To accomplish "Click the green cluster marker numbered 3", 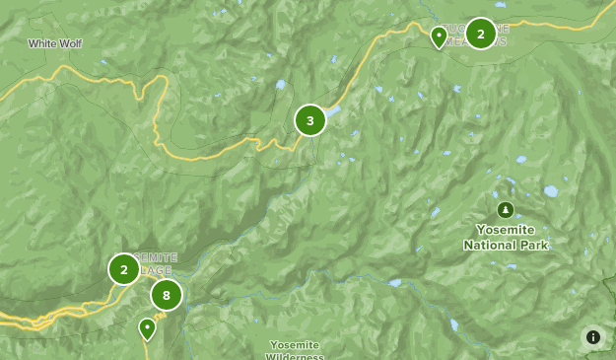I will coord(309,121).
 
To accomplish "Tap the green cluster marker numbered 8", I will coord(167,295).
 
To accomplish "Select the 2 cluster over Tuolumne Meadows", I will coord(480,34).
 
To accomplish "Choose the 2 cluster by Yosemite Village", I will coord(124,269).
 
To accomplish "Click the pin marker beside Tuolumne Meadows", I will coord(439,37).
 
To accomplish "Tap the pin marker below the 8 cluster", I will coord(148,328).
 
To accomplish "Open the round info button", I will coord(593,337).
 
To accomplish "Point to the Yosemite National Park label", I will coord(506,237).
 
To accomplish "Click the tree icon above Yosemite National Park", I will coord(506,209).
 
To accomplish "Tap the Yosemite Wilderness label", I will coord(295,350).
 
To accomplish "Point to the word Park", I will coord(534,245).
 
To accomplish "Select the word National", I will coord(491,245).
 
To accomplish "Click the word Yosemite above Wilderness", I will coord(295,344).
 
